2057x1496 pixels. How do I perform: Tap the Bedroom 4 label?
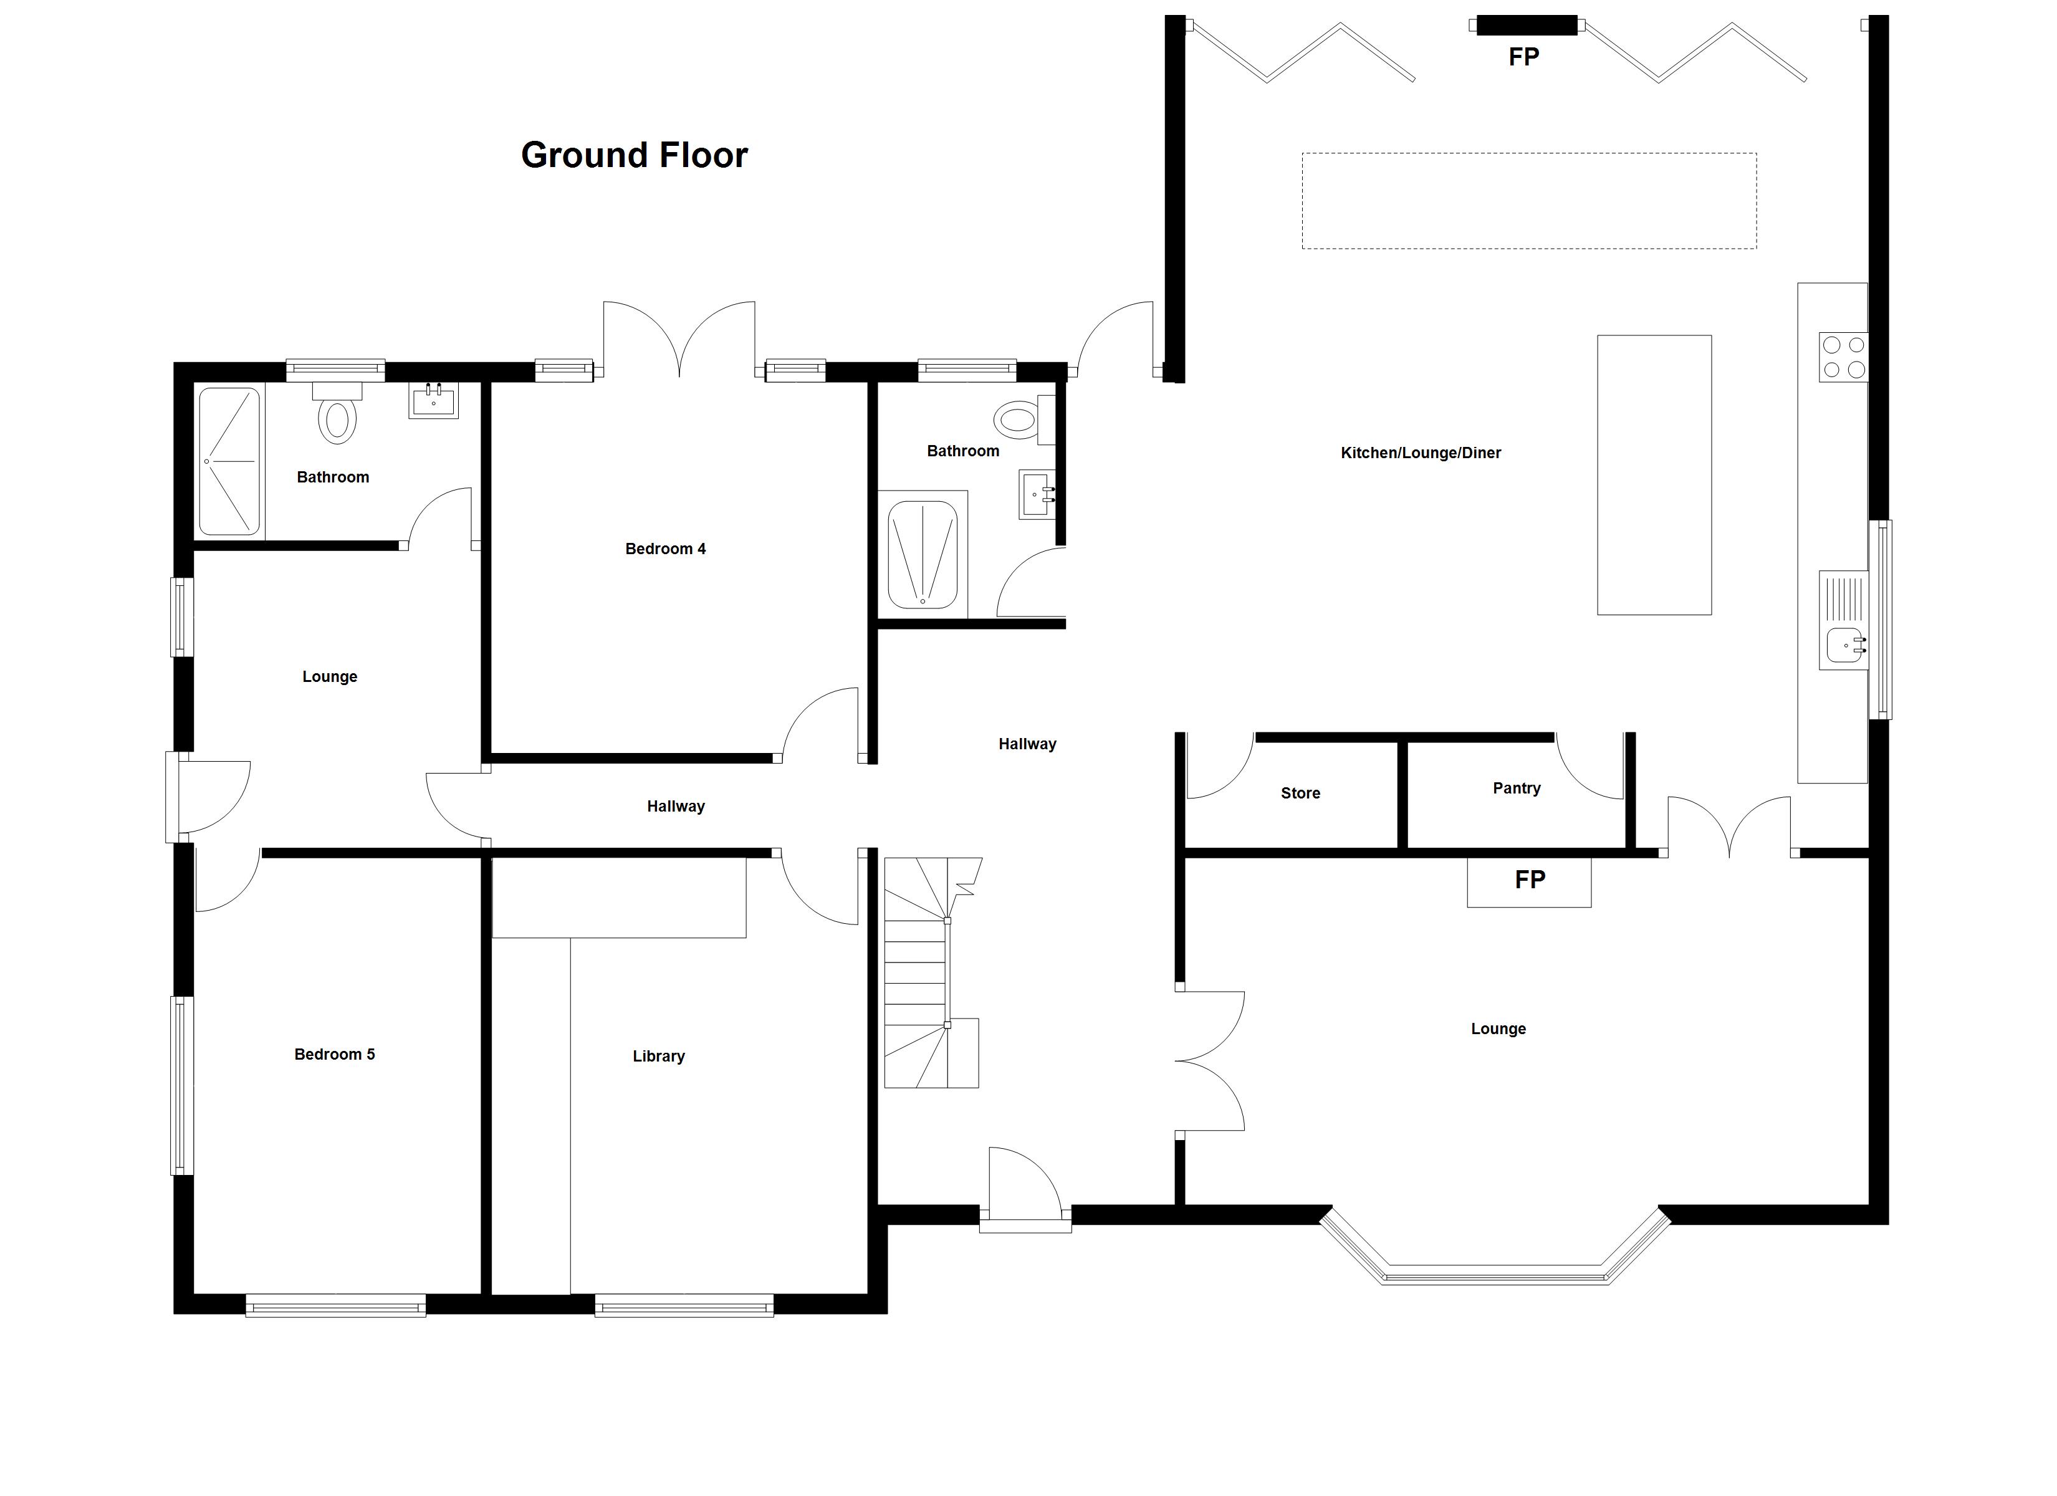[x=665, y=549]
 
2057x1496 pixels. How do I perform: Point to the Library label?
[x=658, y=1056]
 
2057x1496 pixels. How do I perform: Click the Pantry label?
[x=1517, y=789]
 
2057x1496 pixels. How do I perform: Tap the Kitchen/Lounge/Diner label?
[x=1421, y=453]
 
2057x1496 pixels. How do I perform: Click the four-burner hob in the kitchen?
[x=1843, y=357]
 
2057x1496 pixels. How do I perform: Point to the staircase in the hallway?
[x=933, y=972]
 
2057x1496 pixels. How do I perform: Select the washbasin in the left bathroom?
[x=434, y=400]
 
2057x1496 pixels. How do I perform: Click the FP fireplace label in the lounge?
[x=1530, y=879]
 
